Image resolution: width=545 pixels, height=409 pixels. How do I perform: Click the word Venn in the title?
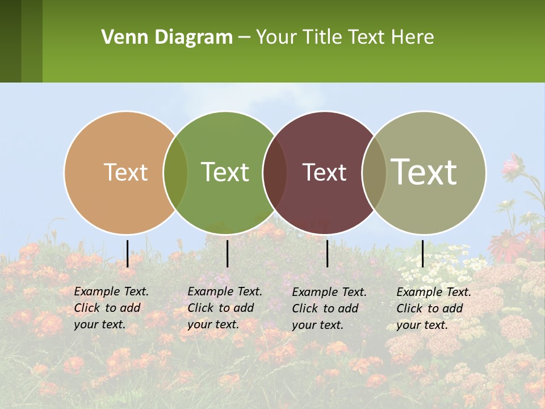point(121,37)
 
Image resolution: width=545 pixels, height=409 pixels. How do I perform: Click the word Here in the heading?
point(413,37)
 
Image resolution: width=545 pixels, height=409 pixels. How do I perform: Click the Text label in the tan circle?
point(125,172)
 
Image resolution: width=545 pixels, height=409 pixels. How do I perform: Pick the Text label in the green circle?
point(225,172)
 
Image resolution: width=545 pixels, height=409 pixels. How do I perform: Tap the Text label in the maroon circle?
point(324,172)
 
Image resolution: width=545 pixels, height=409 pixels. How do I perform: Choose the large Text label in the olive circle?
point(424,172)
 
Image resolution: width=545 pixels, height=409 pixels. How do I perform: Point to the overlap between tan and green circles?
point(175,173)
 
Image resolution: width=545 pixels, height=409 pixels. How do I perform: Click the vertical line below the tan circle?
point(127,253)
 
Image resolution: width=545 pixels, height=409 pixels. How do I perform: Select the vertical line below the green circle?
point(227,253)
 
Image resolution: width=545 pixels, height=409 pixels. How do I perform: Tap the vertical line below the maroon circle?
point(327,253)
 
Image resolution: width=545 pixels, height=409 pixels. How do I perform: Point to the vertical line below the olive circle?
point(422,253)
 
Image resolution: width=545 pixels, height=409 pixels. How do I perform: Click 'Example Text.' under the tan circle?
point(111,291)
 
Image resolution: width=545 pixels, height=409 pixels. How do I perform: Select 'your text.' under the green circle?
point(213,324)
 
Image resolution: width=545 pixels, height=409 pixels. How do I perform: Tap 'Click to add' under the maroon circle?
point(325,308)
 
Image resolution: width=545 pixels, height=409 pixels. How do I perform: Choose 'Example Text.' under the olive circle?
point(434,292)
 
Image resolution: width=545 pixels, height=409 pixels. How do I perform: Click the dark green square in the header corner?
point(10,41)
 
